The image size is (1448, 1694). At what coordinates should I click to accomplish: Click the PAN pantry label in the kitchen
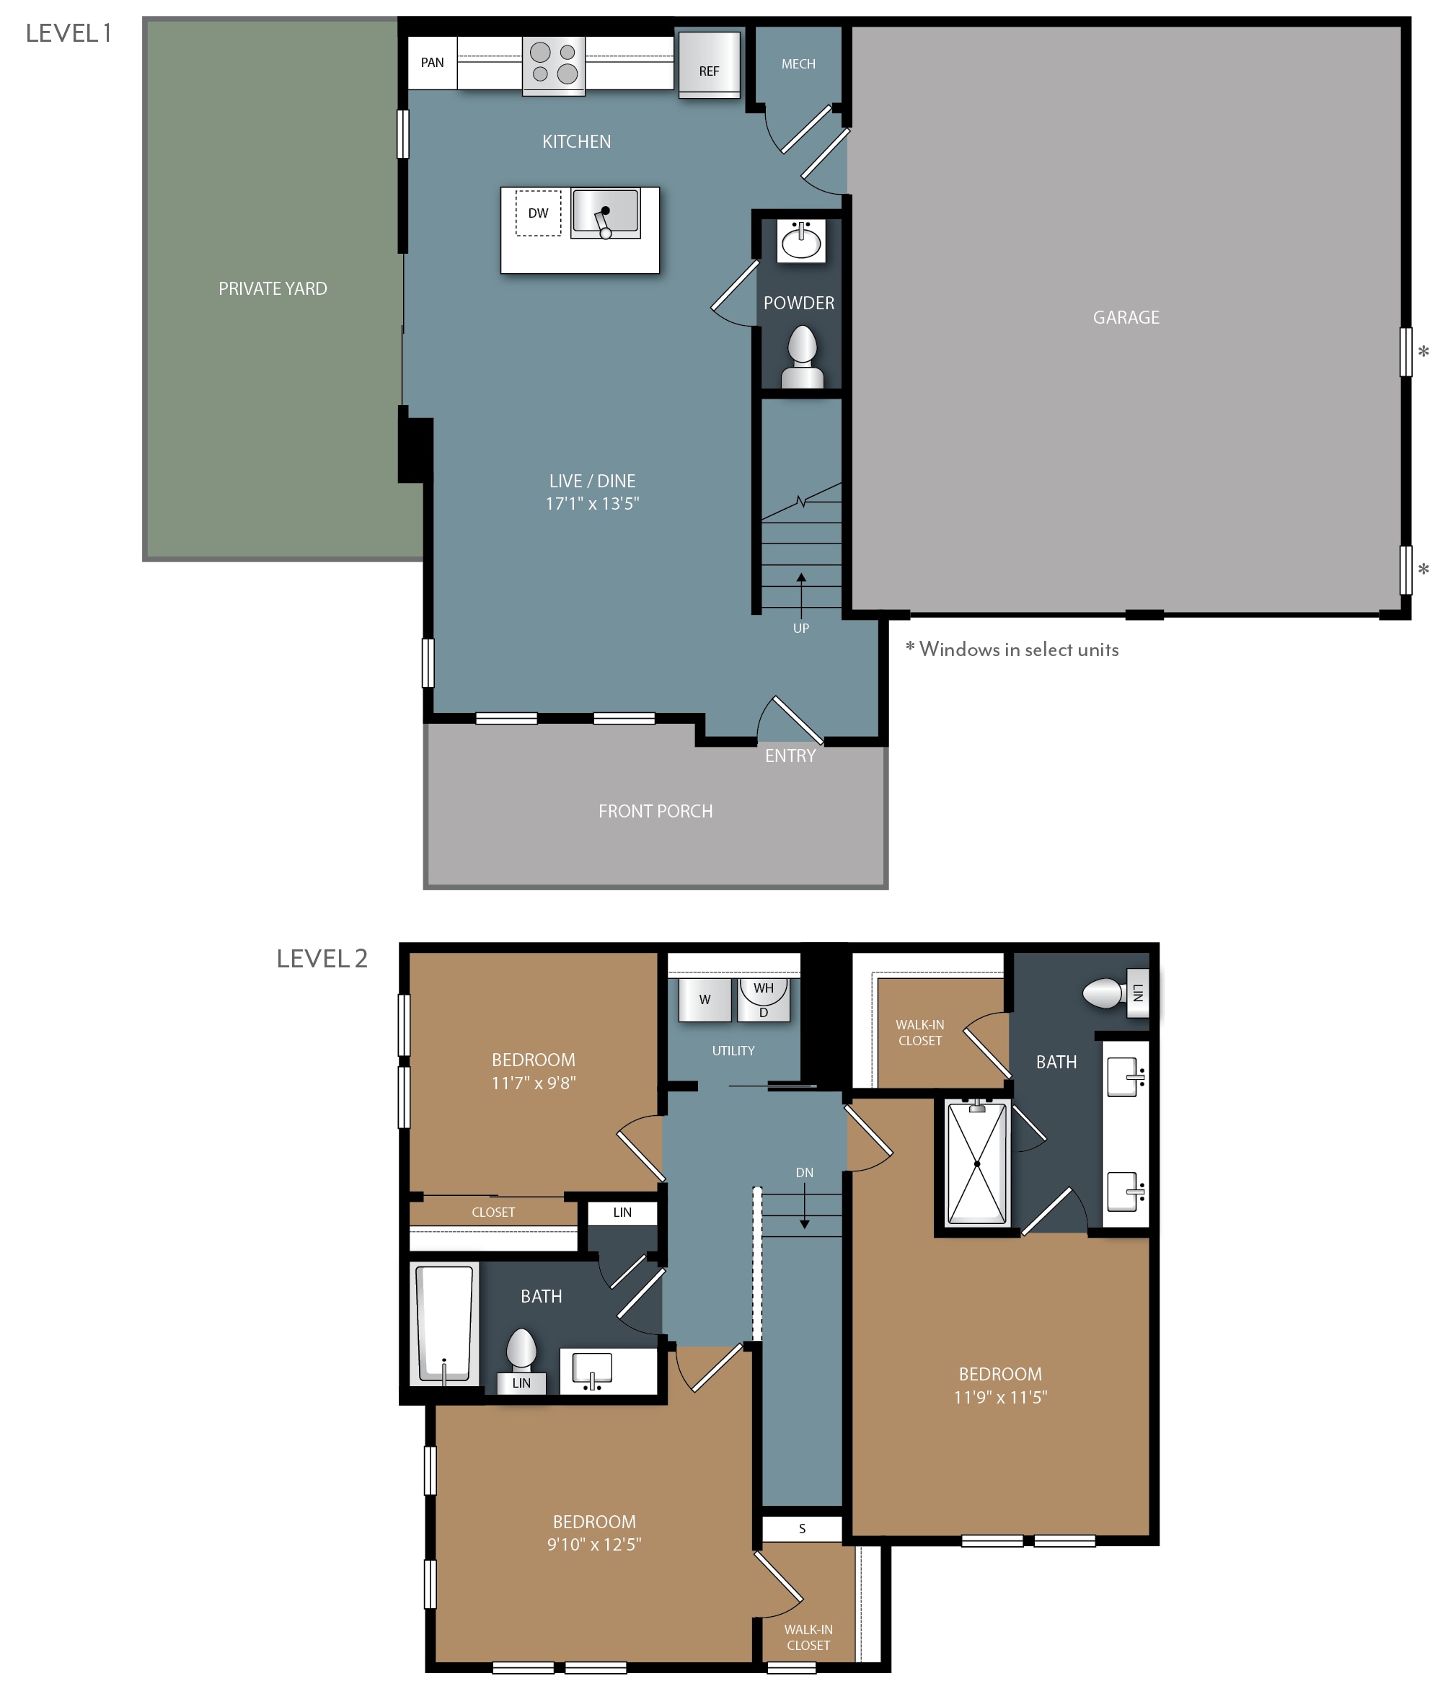tap(432, 62)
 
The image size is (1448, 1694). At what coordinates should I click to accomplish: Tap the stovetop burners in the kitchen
tap(554, 63)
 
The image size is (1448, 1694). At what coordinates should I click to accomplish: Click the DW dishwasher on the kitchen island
tap(537, 213)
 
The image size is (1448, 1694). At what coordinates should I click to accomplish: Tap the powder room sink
tap(801, 240)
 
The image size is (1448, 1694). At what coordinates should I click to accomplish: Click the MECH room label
tap(798, 63)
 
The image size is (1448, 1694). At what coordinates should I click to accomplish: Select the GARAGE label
tap(1126, 317)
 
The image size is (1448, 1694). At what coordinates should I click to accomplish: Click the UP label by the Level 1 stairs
tap(801, 628)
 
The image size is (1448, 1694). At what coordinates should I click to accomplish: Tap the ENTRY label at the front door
tap(790, 755)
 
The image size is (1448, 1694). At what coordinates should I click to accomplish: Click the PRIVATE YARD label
tap(273, 288)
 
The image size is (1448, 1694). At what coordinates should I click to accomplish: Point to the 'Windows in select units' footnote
tap(1012, 649)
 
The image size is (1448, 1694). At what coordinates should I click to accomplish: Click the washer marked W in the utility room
tap(705, 999)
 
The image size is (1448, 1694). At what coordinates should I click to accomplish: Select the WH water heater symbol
tap(763, 988)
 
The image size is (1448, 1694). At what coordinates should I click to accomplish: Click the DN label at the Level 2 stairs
tap(804, 1172)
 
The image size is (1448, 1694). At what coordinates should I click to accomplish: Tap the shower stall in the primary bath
tap(977, 1163)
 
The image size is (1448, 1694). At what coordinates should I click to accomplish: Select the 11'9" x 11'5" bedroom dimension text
tap(999, 1397)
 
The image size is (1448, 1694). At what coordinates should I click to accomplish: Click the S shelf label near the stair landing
tap(802, 1528)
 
